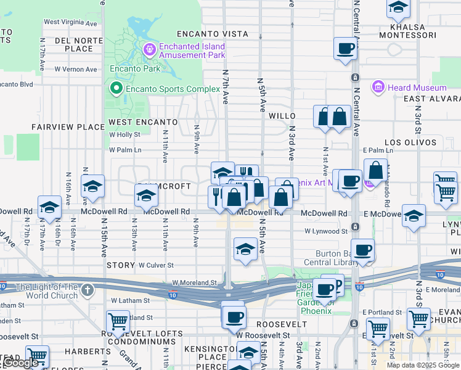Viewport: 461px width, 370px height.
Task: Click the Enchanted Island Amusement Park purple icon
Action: [149, 49]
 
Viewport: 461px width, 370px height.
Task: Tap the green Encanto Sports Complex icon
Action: [116, 89]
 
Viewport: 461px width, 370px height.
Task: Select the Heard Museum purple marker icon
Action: [378, 88]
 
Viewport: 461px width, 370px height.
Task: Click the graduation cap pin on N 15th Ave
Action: [92, 186]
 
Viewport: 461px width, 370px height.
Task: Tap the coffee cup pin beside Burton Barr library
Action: [362, 250]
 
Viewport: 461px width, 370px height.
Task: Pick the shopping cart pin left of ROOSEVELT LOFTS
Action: [118, 321]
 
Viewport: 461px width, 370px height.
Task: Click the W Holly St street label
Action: [125, 134]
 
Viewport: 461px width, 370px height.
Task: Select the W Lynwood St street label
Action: [326, 231]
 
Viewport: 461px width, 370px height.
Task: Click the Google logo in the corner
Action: [22, 363]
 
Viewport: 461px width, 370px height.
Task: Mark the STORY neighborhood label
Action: [120, 265]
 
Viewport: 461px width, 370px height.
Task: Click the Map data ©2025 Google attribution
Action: [422, 365]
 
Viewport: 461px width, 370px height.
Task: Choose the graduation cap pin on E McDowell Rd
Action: [414, 216]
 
